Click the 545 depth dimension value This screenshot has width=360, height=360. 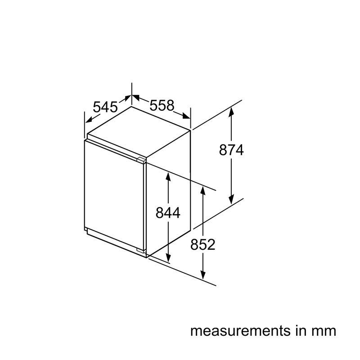105,107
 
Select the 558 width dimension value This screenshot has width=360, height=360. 162,105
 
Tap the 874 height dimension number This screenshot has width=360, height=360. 231,150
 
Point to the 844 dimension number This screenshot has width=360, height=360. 168,212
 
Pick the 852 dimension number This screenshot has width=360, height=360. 203,244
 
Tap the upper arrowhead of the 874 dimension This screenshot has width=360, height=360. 231,111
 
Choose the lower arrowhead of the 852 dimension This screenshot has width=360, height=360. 203,275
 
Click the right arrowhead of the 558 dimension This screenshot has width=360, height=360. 186,116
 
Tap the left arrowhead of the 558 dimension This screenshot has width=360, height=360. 136,97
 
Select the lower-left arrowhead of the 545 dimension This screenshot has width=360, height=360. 89,119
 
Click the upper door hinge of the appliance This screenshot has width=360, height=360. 141,159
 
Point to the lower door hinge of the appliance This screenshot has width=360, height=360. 141,250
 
